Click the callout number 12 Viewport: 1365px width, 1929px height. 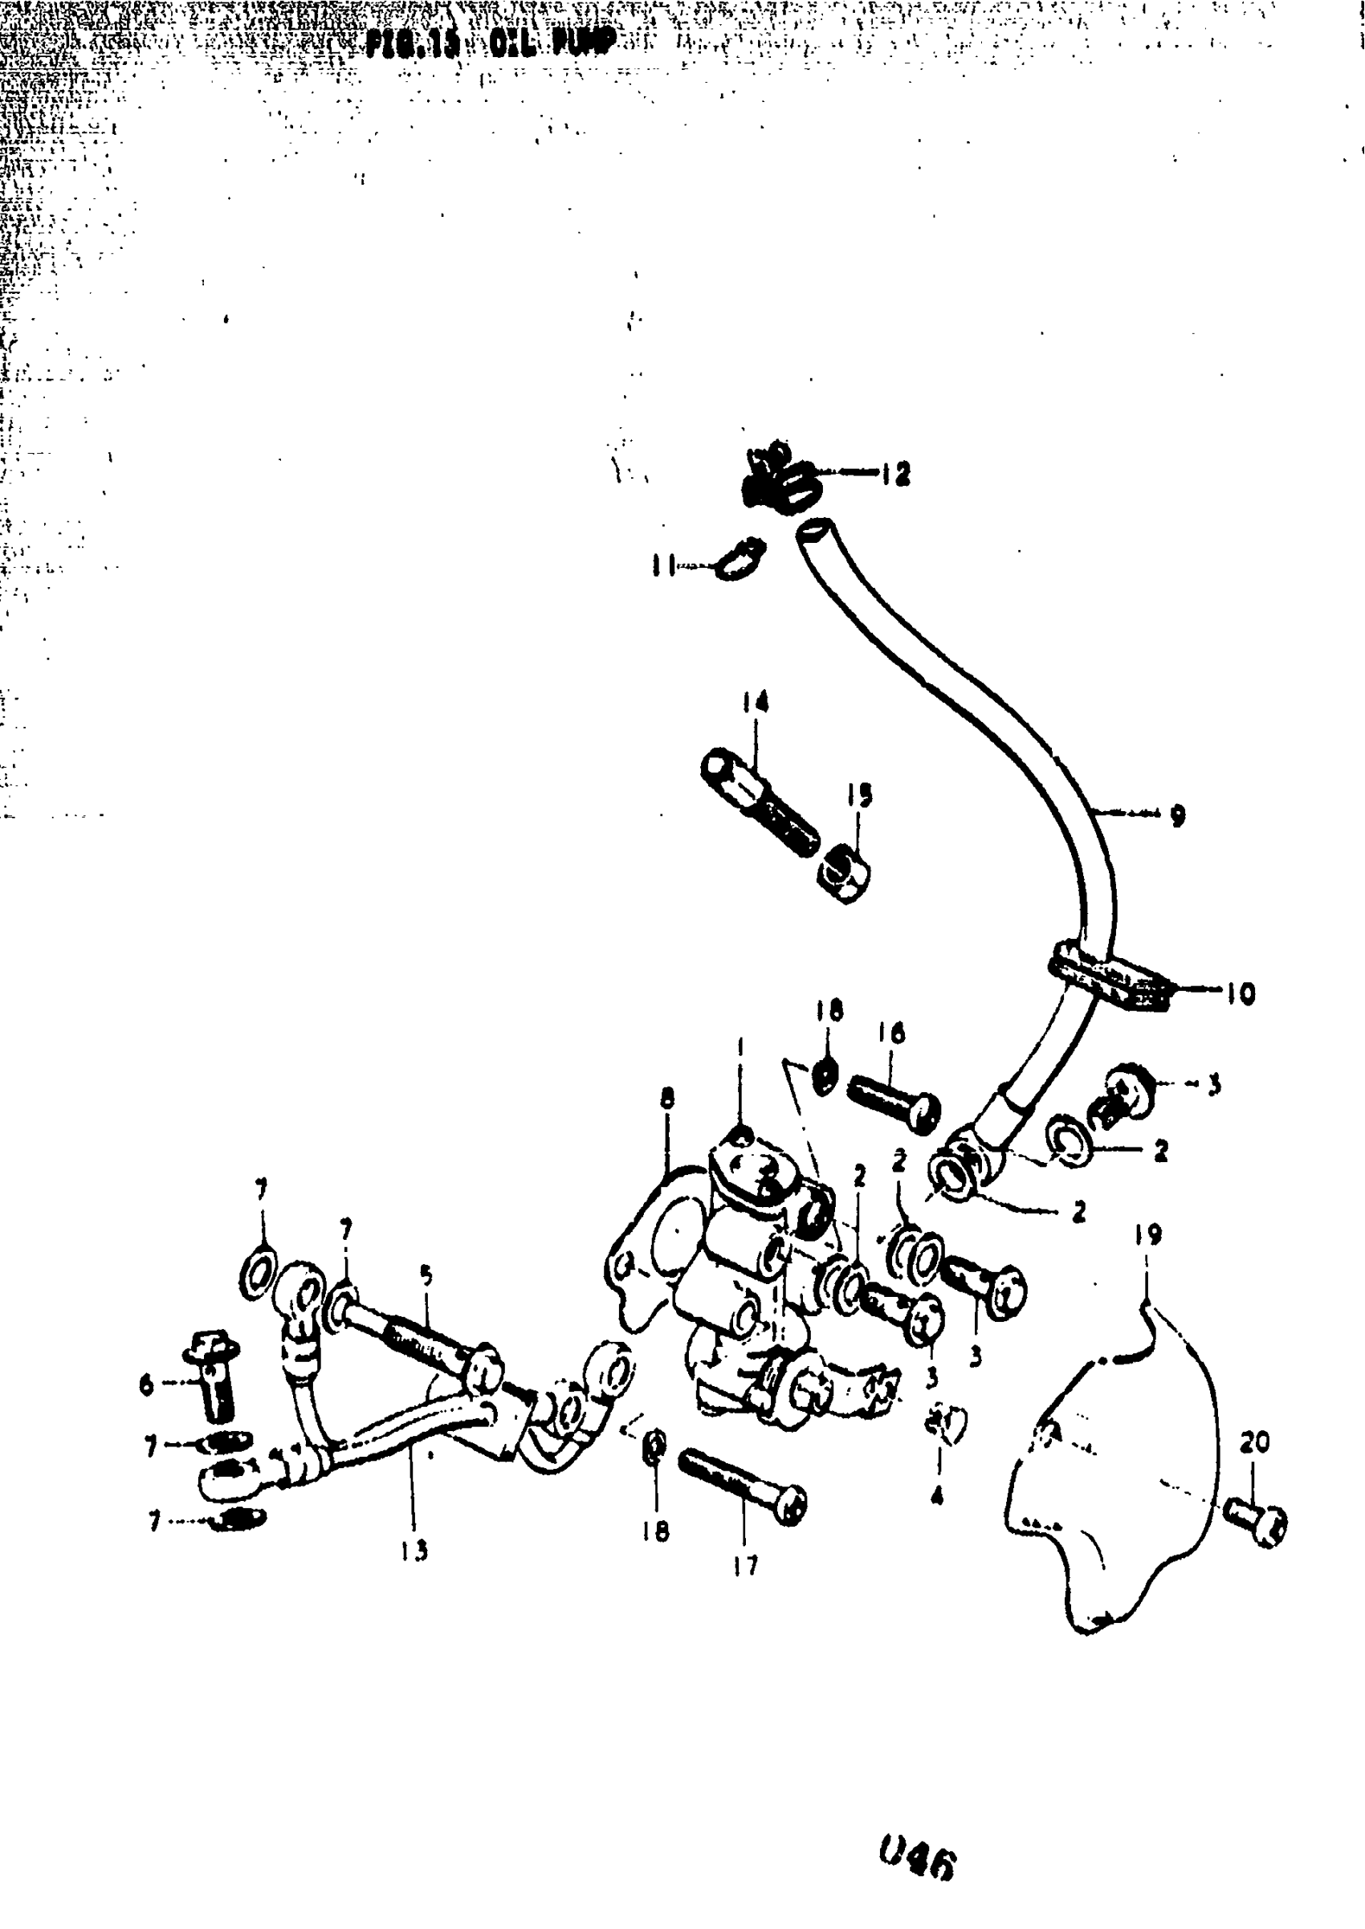click(x=896, y=475)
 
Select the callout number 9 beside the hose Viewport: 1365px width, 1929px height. click(x=1178, y=814)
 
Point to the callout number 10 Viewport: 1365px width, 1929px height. click(x=1240, y=993)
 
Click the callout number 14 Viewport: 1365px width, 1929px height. click(x=755, y=702)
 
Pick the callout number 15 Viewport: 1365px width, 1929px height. click(x=859, y=794)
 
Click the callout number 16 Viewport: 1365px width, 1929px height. click(x=891, y=1033)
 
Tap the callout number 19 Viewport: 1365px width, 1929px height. click(x=1148, y=1234)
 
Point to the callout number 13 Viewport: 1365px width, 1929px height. click(x=414, y=1550)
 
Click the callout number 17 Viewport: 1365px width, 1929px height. click(x=744, y=1564)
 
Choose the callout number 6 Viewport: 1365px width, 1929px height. click(x=147, y=1385)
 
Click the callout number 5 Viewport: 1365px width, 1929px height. click(x=426, y=1276)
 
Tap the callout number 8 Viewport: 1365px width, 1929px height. click(x=667, y=1098)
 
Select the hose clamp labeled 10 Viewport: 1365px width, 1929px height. click(x=1110, y=979)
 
